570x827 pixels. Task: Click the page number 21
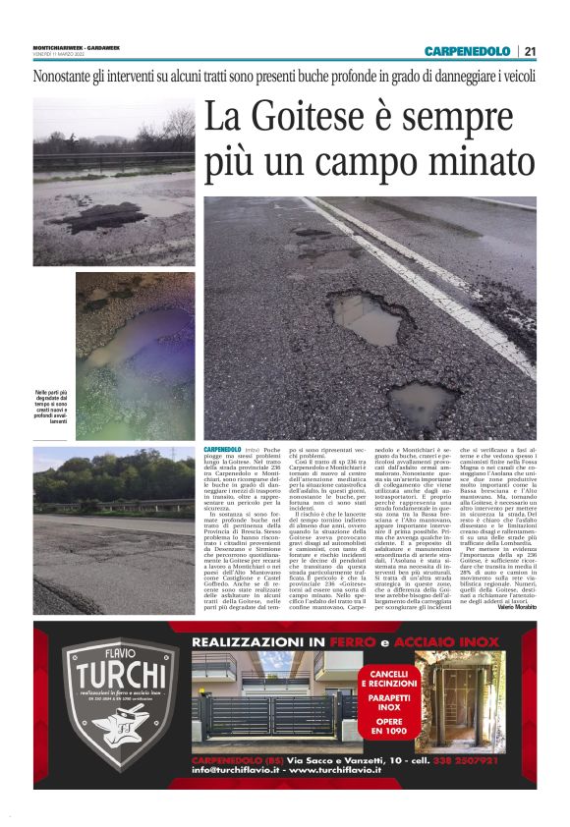(x=530, y=51)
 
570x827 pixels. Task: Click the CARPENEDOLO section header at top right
(x=467, y=51)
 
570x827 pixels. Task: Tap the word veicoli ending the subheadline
(x=510, y=76)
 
